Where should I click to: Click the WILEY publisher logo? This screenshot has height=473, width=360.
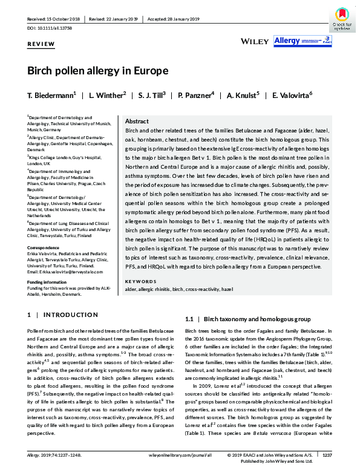pyautogui.click(x=254, y=41)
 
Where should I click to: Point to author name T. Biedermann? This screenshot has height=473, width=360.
pyautogui.click(x=51, y=96)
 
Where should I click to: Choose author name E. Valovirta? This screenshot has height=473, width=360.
pyautogui.click(x=292, y=96)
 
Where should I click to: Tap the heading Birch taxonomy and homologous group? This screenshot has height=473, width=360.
pyautogui.click(x=249, y=319)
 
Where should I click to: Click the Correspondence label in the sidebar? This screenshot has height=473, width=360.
pyautogui.click(x=44, y=247)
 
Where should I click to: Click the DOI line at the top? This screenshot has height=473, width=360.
pyautogui.click(x=48, y=28)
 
